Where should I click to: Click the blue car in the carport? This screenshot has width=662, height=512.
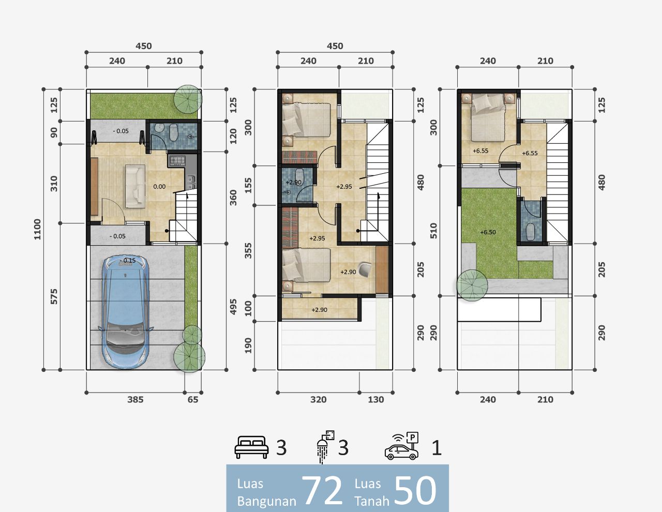[x=126, y=312]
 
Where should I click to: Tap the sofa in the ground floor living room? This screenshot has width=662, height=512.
[x=135, y=186]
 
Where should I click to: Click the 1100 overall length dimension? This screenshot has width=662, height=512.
[x=37, y=229]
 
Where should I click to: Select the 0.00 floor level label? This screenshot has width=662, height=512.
[x=159, y=187]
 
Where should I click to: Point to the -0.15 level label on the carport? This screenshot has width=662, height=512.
[x=128, y=261]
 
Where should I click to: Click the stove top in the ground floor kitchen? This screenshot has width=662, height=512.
[x=177, y=160]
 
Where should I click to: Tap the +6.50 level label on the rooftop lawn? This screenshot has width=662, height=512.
[x=488, y=232]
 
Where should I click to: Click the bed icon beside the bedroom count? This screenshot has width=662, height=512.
[x=252, y=447]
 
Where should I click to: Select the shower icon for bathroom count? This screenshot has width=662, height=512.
[x=325, y=446]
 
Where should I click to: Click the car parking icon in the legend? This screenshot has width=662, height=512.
[x=401, y=446]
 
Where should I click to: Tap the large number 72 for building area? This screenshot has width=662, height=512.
[x=322, y=491]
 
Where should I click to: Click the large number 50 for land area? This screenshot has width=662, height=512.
[x=415, y=491]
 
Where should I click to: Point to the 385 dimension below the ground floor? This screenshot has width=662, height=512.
[x=136, y=400]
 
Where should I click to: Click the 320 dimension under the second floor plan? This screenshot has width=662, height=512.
[x=319, y=400]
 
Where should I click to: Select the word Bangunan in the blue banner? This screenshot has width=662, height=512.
[x=266, y=501]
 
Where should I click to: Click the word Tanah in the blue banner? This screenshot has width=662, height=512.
[x=372, y=501]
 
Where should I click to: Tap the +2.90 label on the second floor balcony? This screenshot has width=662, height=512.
[x=319, y=310]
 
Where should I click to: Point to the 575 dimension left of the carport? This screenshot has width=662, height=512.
[x=54, y=296]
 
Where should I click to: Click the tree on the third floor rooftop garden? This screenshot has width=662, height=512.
[x=472, y=285]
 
